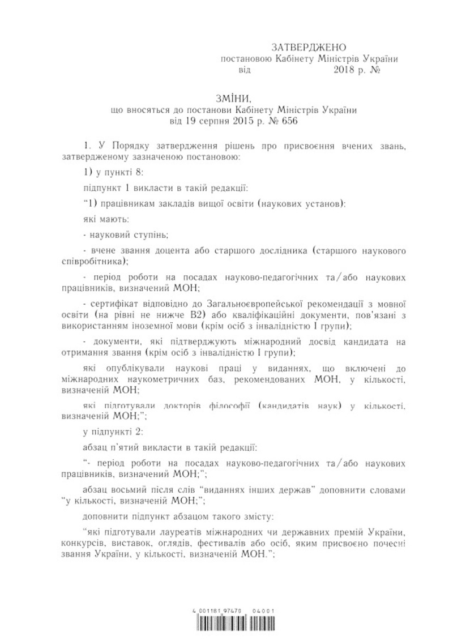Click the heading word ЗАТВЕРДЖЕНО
click(x=309, y=47)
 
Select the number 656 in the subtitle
click(x=288, y=121)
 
